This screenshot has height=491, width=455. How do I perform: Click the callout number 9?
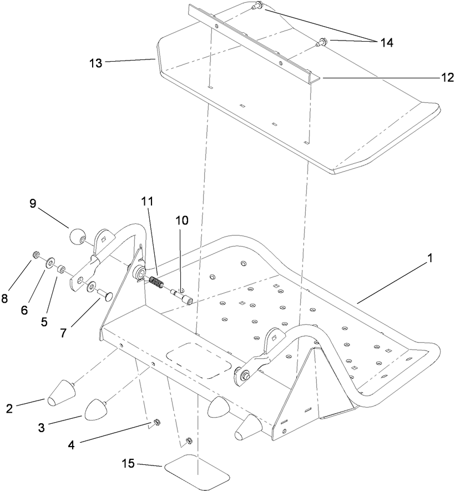click(x=33, y=203)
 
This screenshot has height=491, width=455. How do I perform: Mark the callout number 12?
click(x=447, y=78)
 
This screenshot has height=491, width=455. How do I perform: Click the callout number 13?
click(x=95, y=63)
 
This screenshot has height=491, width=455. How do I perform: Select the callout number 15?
click(x=129, y=464)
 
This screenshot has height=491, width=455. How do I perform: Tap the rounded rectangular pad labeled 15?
click(x=197, y=470)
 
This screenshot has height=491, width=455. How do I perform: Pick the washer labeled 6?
click(x=50, y=260)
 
